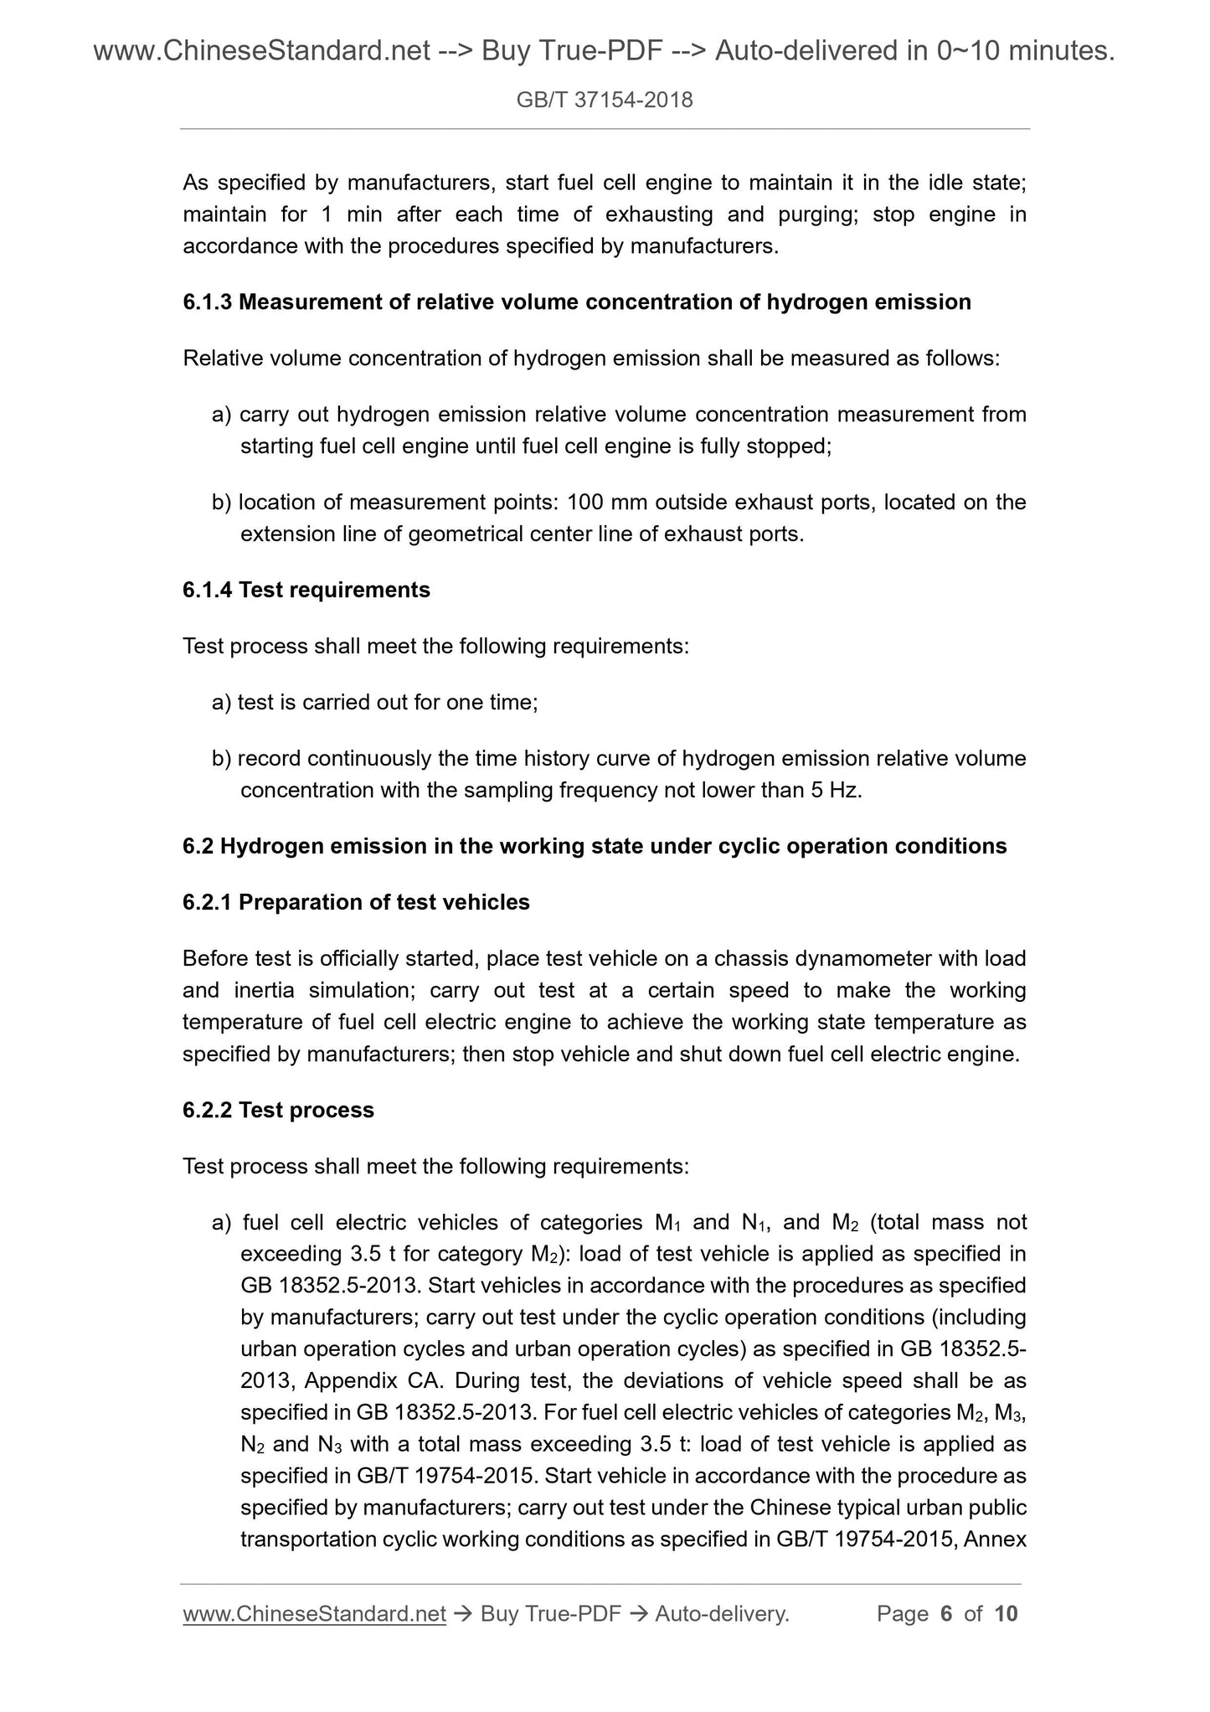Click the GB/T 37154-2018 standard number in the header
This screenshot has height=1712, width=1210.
(x=605, y=101)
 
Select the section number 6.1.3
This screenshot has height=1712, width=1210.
(x=208, y=302)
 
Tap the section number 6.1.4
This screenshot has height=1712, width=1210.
(x=208, y=590)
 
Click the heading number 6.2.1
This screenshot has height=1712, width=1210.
(x=208, y=902)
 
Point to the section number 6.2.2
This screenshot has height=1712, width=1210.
(x=208, y=1110)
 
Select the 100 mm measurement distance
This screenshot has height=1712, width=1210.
(x=607, y=503)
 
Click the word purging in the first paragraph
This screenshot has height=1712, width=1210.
(x=815, y=214)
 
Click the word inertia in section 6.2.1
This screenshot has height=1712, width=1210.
(x=264, y=990)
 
